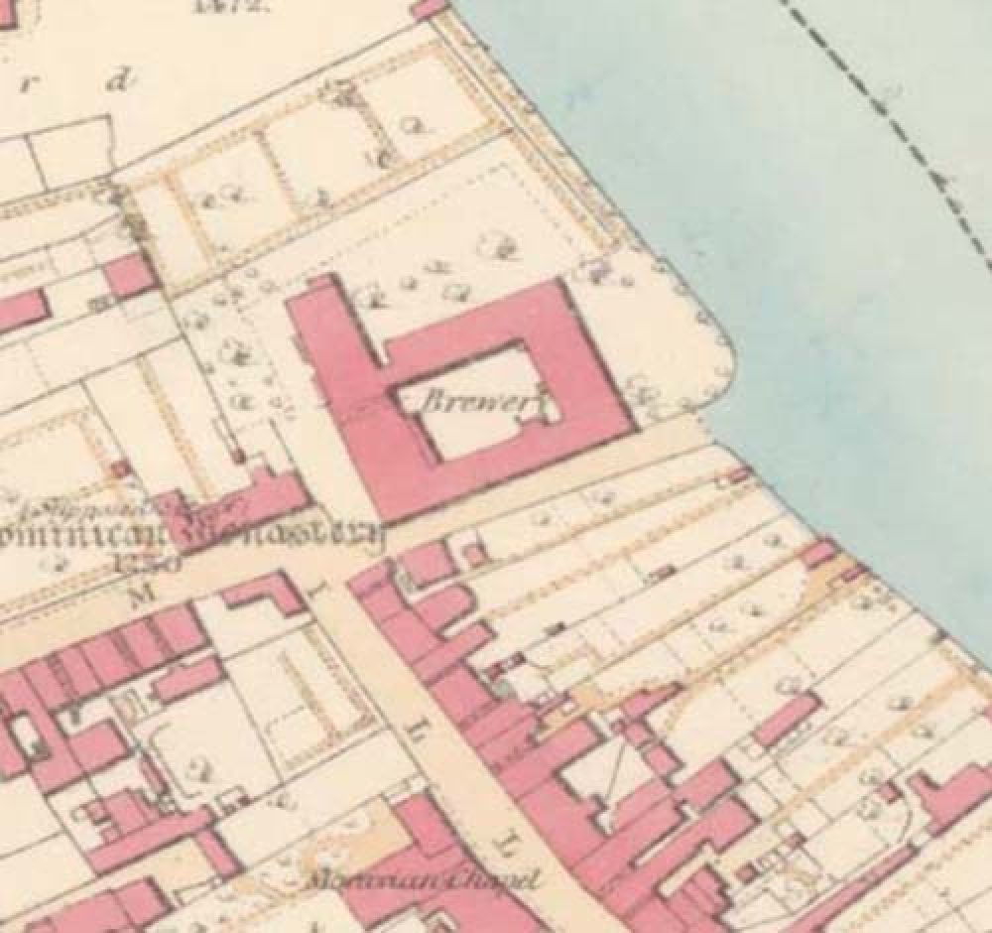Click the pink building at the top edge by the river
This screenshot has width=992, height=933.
430,8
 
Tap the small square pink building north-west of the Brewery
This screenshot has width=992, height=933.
127,275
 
